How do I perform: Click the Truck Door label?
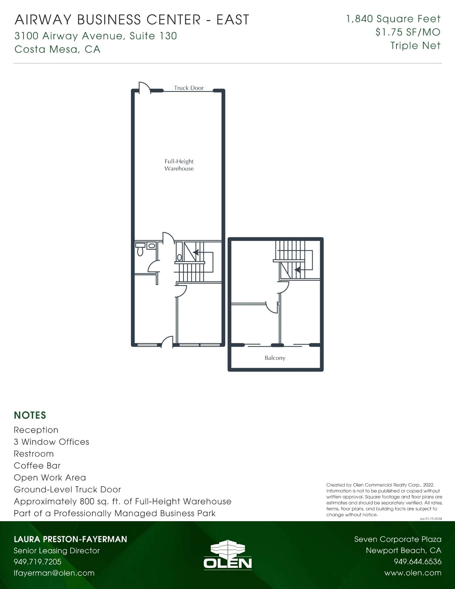pos(188,88)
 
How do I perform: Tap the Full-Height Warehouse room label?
pos(179,165)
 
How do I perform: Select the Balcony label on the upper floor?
pos(275,358)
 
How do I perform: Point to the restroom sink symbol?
pos(152,246)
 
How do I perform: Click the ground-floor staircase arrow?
pos(196,252)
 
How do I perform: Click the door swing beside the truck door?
pos(144,87)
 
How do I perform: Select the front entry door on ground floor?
pos(167,342)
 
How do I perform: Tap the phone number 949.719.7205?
pos(37,562)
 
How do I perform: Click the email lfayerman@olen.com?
pos(54,573)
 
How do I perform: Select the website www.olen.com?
pos(413,573)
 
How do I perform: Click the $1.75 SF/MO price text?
pos(408,32)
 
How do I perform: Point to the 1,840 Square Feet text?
pos(393,19)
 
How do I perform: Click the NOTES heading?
pos(30,415)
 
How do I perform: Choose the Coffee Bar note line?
pos(37,465)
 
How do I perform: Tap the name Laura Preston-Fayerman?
pos(70,539)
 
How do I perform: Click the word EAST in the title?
pos(233,20)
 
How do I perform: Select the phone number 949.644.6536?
pos(417,562)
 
